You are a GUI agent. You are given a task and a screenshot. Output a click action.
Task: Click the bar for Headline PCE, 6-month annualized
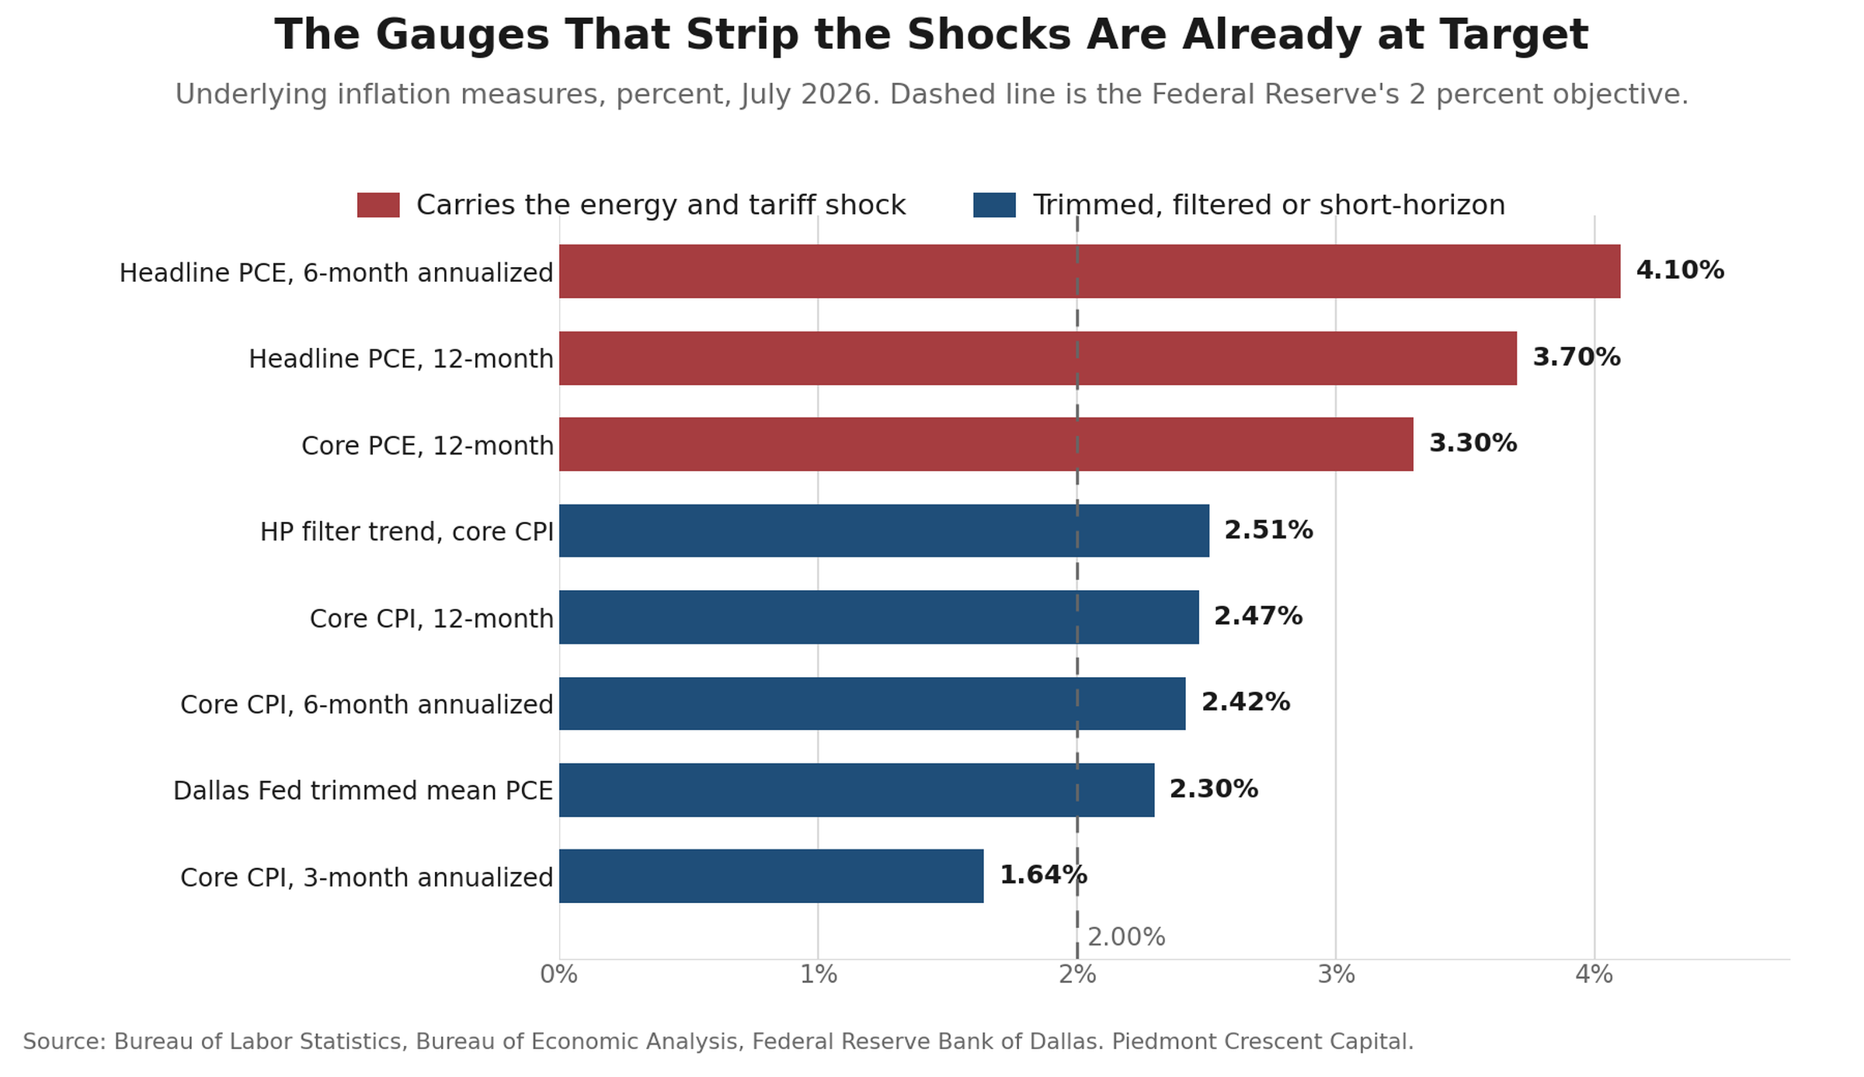point(1090,271)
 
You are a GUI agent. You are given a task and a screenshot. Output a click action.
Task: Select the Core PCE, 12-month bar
point(986,444)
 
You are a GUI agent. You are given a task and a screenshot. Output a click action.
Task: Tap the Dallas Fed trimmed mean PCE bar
point(857,790)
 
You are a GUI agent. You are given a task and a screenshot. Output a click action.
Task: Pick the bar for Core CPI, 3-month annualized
point(771,876)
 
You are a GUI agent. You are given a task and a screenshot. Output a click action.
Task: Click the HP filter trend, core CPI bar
point(884,530)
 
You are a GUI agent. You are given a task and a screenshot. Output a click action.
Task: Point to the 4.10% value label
point(1680,270)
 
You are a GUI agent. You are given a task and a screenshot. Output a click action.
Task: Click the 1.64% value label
point(1043,875)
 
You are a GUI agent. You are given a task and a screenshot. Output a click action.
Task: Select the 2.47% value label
point(1258,617)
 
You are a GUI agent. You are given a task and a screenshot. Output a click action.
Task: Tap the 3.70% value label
point(1577,357)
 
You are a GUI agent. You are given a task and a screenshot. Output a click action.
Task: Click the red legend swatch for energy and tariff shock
point(378,205)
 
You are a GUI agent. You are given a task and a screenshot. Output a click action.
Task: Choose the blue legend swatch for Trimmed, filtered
point(994,205)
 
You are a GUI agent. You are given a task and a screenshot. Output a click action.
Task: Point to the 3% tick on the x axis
point(1336,975)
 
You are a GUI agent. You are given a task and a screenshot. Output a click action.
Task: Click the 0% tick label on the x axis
point(559,975)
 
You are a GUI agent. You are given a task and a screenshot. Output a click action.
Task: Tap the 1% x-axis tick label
point(818,975)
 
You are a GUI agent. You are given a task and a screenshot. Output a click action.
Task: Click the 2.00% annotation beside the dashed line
point(1126,937)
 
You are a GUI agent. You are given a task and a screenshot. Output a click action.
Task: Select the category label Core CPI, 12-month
point(432,619)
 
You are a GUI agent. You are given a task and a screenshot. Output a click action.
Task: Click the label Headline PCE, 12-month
point(401,360)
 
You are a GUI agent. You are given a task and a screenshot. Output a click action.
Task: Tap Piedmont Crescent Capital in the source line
point(1263,1042)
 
